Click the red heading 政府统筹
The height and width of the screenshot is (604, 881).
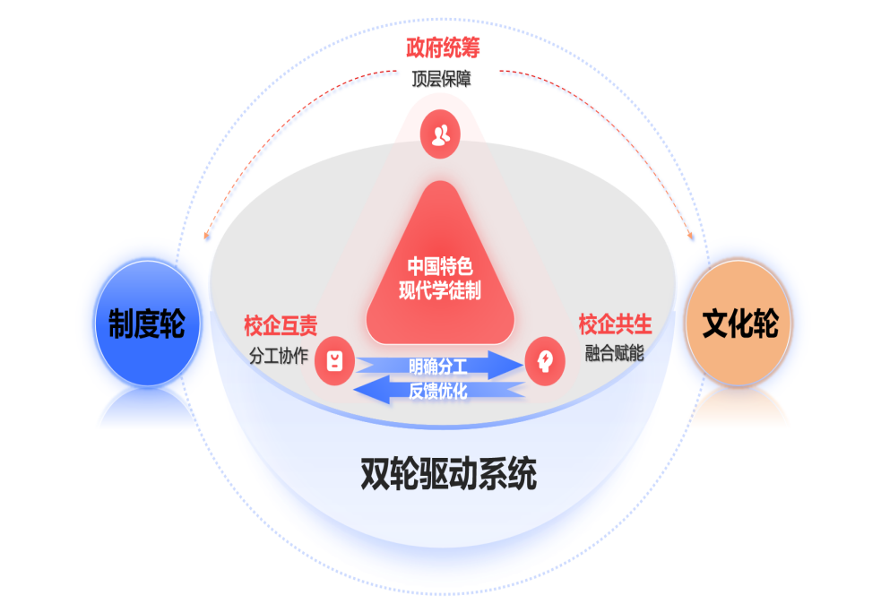pyautogui.click(x=440, y=47)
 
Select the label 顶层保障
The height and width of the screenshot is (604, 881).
pyautogui.click(x=440, y=79)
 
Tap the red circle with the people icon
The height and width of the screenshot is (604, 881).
pyautogui.click(x=440, y=135)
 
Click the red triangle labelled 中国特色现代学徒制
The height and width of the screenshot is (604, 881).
pyautogui.click(x=440, y=269)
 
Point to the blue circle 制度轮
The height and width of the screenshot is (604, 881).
pyautogui.click(x=146, y=324)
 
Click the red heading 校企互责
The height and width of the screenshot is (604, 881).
pyautogui.click(x=280, y=324)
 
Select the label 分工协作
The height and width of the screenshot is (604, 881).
pyautogui.click(x=279, y=355)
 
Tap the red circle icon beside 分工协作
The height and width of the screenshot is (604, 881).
pyautogui.click(x=334, y=361)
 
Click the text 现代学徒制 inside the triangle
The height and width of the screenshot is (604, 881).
pyautogui.click(x=440, y=289)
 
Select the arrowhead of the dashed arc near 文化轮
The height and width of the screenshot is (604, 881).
pyautogui.click(x=691, y=236)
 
